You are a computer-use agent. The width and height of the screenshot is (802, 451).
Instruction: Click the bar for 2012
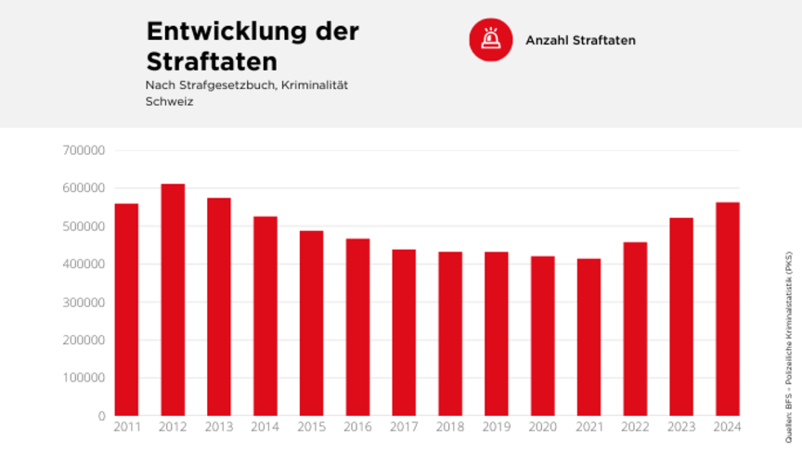(173, 300)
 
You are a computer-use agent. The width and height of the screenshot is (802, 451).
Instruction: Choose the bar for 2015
(311, 323)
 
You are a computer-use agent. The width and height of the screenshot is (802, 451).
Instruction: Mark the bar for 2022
(635, 329)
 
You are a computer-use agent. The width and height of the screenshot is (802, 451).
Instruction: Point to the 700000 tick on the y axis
(84, 150)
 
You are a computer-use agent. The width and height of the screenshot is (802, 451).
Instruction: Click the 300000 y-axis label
(84, 303)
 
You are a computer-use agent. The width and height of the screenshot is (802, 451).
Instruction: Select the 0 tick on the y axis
(101, 417)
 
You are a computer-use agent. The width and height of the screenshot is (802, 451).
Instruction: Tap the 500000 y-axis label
(84, 226)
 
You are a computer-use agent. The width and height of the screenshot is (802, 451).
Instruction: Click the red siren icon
(491, 40)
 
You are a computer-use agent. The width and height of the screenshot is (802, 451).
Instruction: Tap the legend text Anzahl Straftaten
(580, 41)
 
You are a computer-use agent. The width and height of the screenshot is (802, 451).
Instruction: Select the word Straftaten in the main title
(212, 61)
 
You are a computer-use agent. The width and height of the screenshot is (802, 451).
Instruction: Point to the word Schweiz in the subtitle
(169, 101)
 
